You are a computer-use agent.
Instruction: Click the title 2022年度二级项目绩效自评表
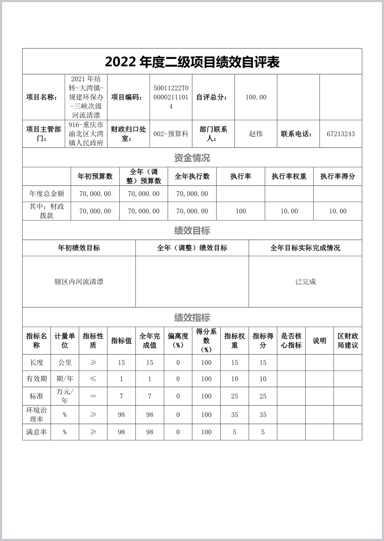tap(192, 62)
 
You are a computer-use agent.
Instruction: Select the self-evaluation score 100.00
tap(256, 97)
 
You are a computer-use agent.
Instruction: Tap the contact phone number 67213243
tap(341, 134)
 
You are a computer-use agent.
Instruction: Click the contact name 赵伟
tap(256, 134)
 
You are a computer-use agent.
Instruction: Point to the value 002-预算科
tap(171, 134)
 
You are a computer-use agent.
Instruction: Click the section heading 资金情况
tap(192, 158)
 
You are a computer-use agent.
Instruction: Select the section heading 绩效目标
tap(192, 230)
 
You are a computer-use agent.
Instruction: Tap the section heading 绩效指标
tap(192, 317)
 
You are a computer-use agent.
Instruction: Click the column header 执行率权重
tap(289, 176)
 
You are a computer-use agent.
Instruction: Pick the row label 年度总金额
tap(46, 194)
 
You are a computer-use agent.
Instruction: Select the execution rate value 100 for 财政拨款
tap(241, 211)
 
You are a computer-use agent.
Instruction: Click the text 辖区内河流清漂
tap(79, 282)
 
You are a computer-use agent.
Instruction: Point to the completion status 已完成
tap(305, 282)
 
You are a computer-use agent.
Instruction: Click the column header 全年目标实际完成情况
tap(305, 248)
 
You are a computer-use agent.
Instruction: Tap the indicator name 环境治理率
tap(36, 415)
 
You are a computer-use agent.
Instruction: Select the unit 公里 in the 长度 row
tap(65, 362)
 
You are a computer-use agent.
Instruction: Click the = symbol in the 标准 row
tap(93, 396)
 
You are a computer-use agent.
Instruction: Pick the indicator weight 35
tap(234, 415)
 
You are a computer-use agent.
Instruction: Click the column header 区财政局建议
tap(348, 341)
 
